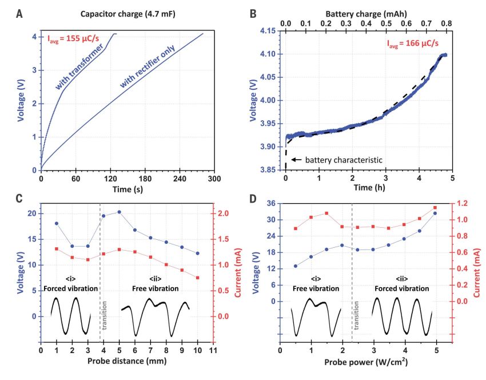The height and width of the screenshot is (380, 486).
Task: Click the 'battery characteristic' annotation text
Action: pos(337,160)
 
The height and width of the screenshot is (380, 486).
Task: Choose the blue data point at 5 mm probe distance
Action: pos(119,212)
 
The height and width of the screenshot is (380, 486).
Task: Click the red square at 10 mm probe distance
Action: pos(197,278)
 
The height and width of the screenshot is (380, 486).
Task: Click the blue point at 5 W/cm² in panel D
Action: pos(435,213)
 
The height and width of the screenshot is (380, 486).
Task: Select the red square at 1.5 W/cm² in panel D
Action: pos(326,213)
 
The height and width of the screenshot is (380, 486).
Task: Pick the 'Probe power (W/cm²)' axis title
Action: pos(366,362)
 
